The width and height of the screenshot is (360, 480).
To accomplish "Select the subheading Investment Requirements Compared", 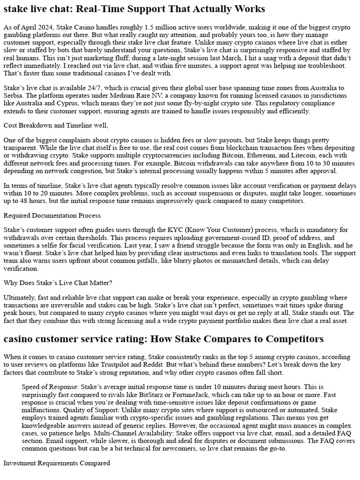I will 57,463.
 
